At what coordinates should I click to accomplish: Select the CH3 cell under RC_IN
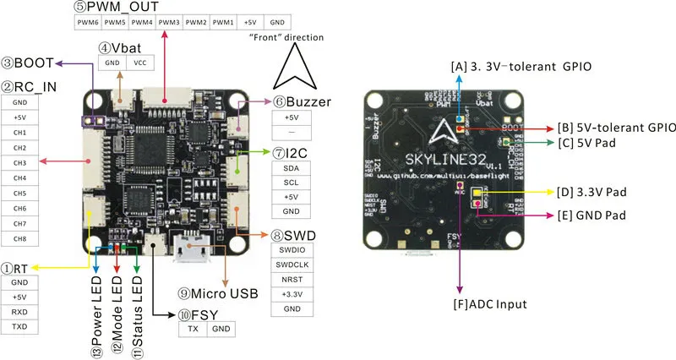click(19, 162)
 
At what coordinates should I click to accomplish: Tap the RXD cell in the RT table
click(19, 312)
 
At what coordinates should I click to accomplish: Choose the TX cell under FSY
click(193, 329)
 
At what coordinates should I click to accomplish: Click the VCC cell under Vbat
click(139, 63)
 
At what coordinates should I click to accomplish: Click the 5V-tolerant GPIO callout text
click(615, 128)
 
